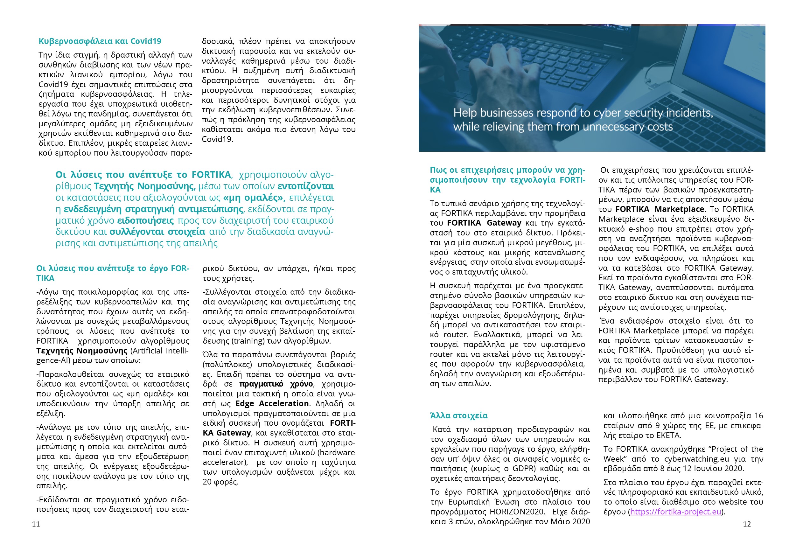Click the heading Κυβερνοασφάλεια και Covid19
(x=100, y=41)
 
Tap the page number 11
(x=36, y=524)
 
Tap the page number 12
(x=747, y=524)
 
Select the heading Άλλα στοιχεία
(x=459, y=416)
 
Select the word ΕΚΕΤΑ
(x=668, y=435)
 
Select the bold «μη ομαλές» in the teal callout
(x=254, y=198)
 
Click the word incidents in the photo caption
(x=689, y=113)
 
